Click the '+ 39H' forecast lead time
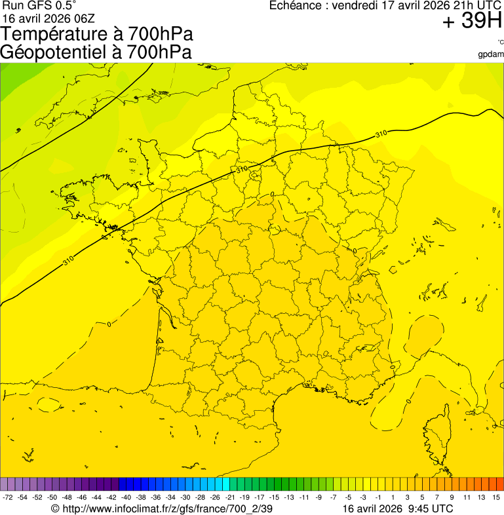(472, 22)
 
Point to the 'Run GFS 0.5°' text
(39, 6)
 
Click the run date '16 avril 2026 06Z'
(46, 18)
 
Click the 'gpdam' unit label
(491, 54)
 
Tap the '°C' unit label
(500, 43)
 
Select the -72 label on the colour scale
(8, 498)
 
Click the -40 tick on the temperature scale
(126, 498)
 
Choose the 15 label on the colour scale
(496, 498)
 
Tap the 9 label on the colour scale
(452, 498)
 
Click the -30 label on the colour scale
(185, 498)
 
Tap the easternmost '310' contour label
(381, 134)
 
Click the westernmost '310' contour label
(68, 261)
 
